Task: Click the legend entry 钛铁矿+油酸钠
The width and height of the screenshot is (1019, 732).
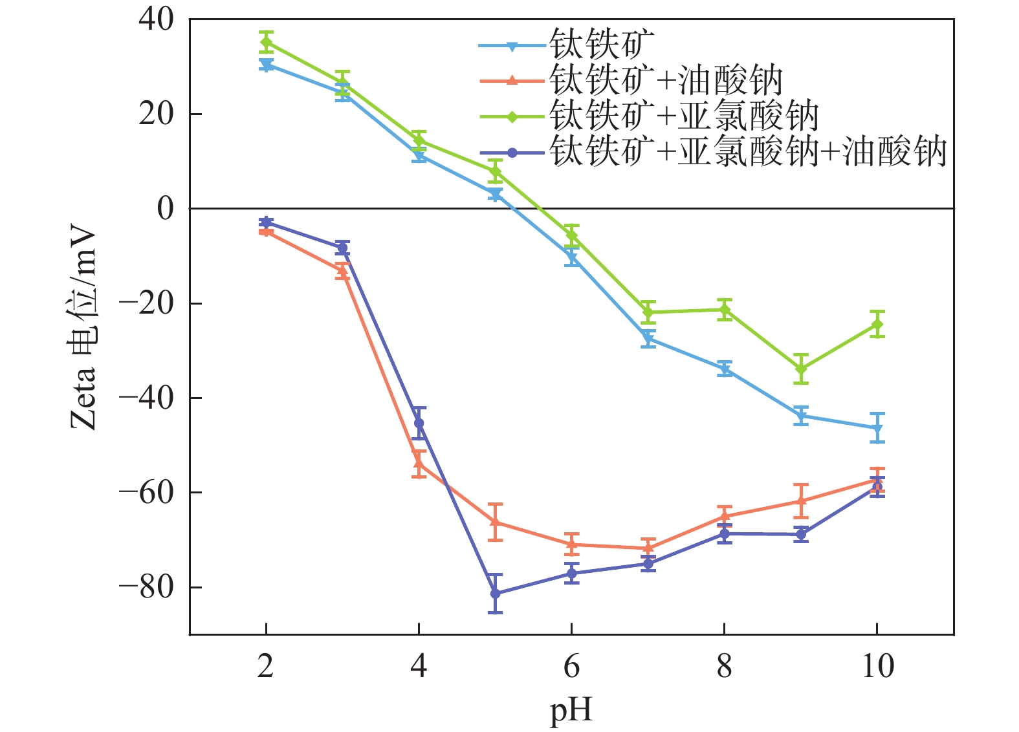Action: [x=666, y=81]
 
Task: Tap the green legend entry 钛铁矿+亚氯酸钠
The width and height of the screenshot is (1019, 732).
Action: [x=684, y=117]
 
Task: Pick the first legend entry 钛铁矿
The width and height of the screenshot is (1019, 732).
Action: [x=602, y=45]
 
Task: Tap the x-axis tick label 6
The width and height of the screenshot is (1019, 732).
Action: [x=571, y=666]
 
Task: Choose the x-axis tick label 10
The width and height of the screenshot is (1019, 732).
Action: [x=877, y=666]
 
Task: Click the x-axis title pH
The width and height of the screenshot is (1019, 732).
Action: [x=571, y=710]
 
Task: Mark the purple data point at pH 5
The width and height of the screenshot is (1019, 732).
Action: [x=496, y=593]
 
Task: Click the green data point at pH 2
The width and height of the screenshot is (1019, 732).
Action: [x=266, y=43]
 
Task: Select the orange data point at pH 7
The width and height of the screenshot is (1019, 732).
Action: [x=648, y=548]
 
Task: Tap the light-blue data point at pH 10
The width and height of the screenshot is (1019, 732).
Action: [x=877, y=428]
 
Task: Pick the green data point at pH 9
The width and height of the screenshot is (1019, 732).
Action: [x=801, y=369]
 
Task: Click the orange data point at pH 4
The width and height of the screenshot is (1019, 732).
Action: [x=419, y=463]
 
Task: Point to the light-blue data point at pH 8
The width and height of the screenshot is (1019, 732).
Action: [x=725, y=370]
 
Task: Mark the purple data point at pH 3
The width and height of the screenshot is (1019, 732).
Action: [x=342, y=248]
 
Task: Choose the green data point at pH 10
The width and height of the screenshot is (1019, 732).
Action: [x=877, y=324]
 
